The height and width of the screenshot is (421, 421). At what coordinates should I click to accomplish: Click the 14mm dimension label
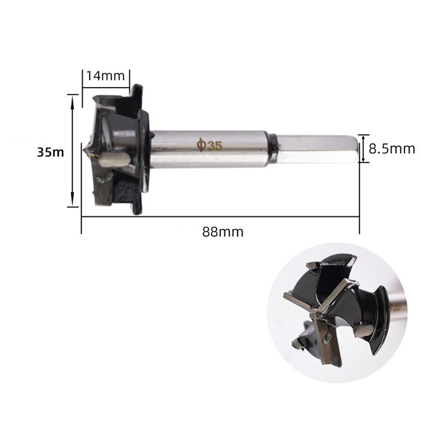(106, 76)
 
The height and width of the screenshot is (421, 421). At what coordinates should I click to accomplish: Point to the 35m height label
(50, 152)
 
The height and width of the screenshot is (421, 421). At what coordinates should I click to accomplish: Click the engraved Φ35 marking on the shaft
(209, 145)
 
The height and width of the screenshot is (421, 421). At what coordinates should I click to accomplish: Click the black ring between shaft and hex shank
(272, 148)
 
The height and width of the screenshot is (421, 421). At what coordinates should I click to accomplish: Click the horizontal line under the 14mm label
(106, 88)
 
